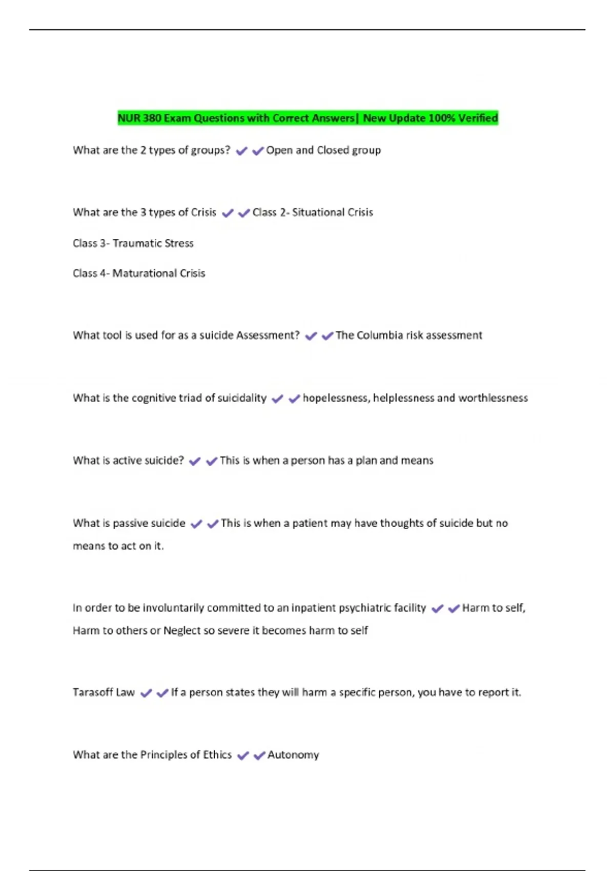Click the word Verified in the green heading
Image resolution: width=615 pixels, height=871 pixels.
click(478, 118)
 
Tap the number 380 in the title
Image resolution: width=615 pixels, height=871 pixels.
click(152, 118)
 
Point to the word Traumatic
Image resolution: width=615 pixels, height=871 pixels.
click(135, 243)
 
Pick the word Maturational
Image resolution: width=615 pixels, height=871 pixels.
click(144, 274)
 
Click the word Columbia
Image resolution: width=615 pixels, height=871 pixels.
click(379, 335)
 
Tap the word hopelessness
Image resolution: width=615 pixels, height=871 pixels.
click(335, 398)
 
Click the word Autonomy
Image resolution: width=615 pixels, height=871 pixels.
click(293, 755)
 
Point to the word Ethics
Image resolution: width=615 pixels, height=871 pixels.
click(217, 755)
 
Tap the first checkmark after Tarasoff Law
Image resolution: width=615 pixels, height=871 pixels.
click(146, 693)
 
